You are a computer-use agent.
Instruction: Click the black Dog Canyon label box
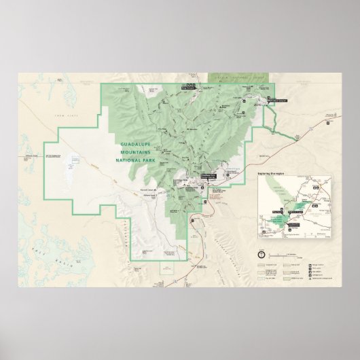pyautogui.click(x=187, y=86)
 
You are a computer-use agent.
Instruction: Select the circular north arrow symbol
pyautogui.click(x=262, y=254)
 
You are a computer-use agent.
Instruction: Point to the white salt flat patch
pyautogui.click(x=69, y=165)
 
